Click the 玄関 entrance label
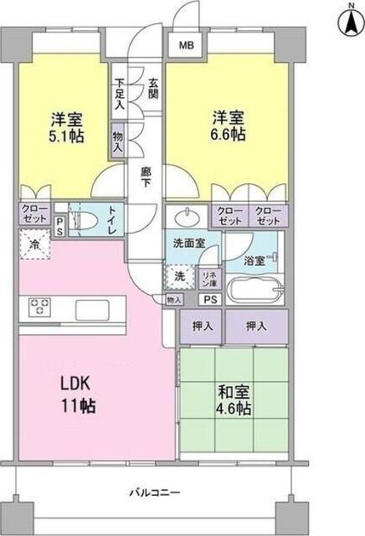tap(154, 89)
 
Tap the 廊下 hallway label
tap(145, 178)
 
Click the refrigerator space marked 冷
tap(33, 248)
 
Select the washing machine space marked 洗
tap(179, 275)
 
